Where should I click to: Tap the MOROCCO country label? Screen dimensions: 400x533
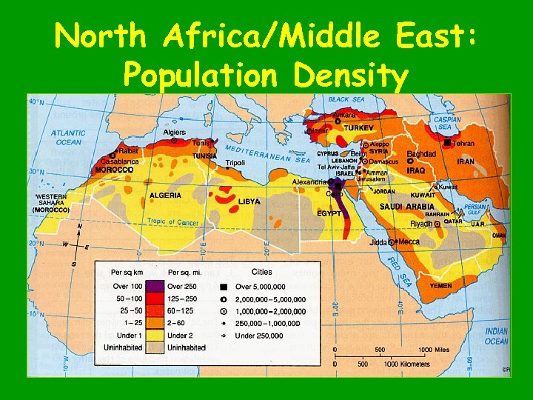(x=114, y=170)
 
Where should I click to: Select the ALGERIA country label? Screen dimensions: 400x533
(x=165, y=196)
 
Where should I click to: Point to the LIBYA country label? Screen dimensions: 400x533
(x=249, y=201)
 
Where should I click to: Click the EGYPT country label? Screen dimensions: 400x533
(x=329, y=213)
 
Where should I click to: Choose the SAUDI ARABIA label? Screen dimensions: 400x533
(x=407, y=207)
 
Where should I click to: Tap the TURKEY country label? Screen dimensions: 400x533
(x=358, y=128)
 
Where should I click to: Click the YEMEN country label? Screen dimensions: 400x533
(x=440, y=285)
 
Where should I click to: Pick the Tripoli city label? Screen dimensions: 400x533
(x=235, y=162)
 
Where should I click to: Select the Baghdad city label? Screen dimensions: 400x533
(x=421, y=153)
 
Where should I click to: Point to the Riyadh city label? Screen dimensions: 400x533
(x=421, y=224)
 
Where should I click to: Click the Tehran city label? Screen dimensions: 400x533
(x=463, y=143)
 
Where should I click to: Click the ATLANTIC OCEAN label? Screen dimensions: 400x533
(x=67, y=138)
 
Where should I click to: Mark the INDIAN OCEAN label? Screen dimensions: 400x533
(x=496, y=336)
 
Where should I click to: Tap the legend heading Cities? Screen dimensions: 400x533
(x=262, y=272)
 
